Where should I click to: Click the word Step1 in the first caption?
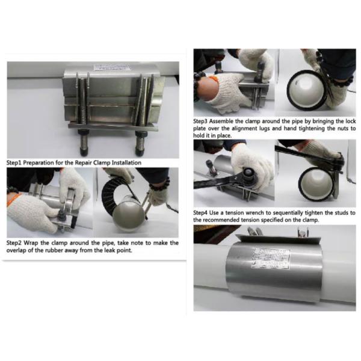point(16,162)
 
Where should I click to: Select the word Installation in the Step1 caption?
point(126,162)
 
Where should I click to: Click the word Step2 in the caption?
point(16,242)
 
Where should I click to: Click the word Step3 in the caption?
point(203,121)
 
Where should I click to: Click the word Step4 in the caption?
point(203,213)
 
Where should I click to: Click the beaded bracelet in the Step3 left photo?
point(196,84)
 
